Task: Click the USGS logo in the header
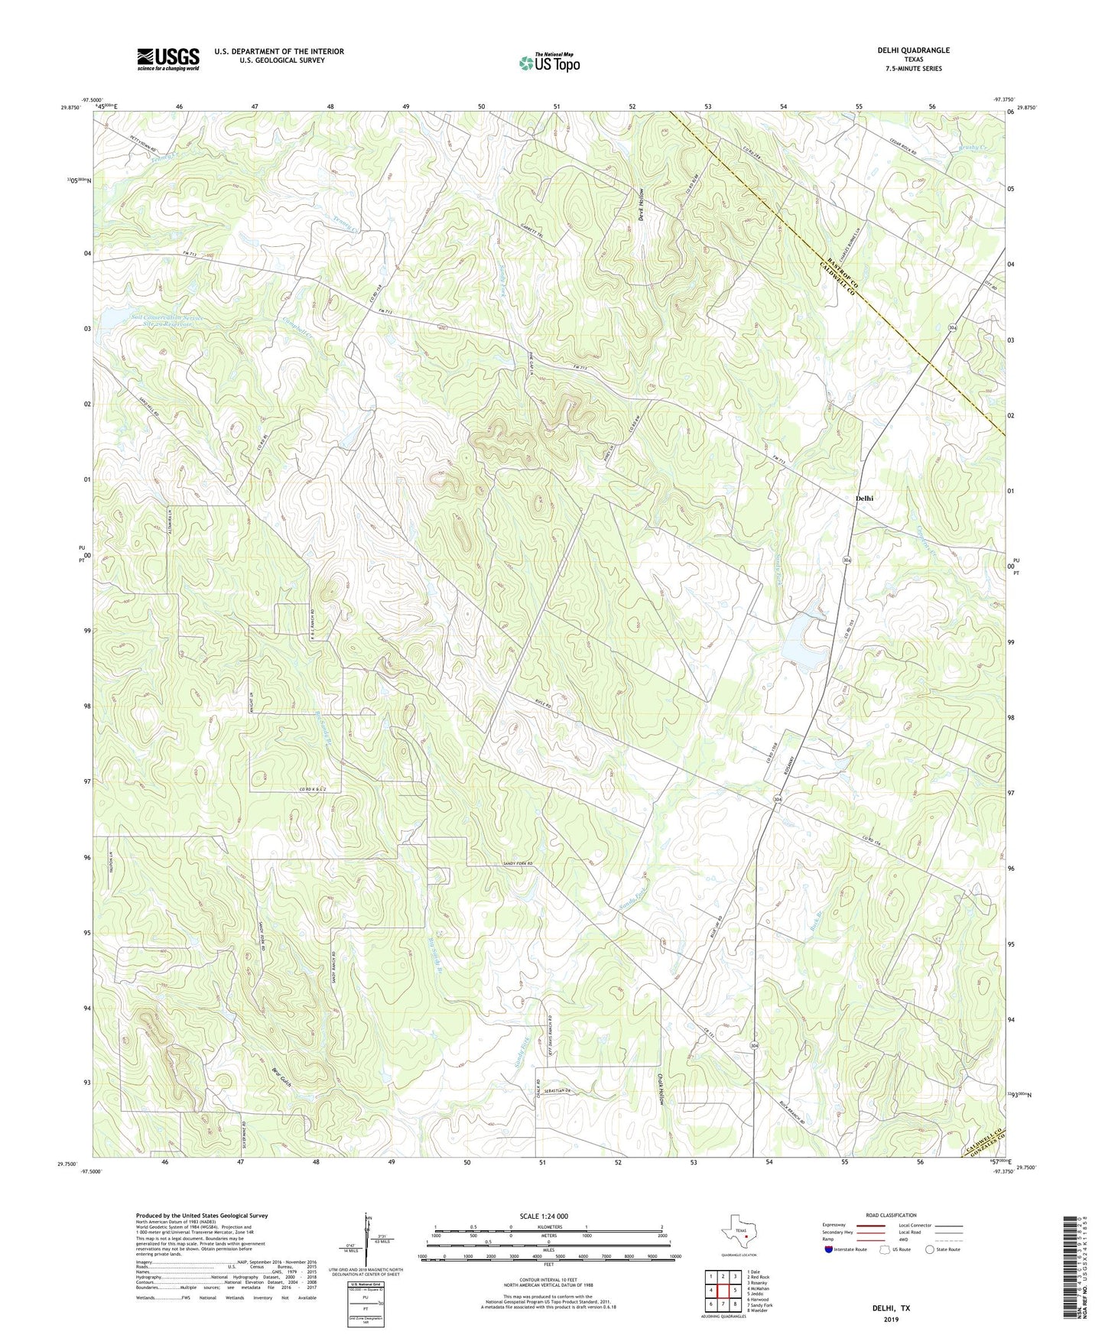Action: pos(168,58)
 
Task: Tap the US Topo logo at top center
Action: pos(549,63)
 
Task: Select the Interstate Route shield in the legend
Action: pos(829,1249)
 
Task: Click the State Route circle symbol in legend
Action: pos(930,1249)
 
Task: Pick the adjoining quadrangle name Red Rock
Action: pos(758,1277)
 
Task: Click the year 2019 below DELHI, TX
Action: pos(891,1319)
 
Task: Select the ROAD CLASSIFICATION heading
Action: pos(891,1215)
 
